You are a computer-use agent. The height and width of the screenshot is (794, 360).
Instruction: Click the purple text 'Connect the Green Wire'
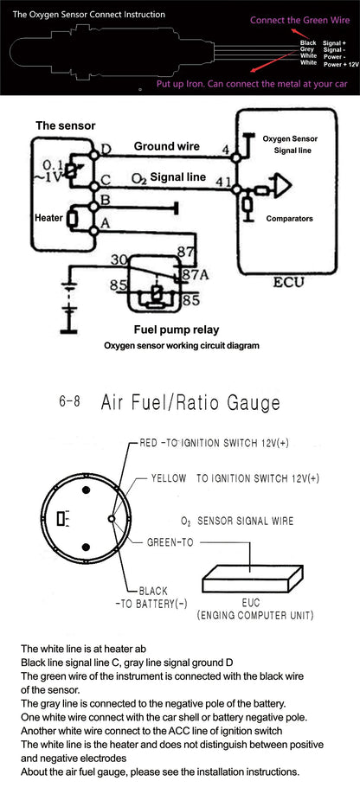pyautogui.click(x=299, y=20)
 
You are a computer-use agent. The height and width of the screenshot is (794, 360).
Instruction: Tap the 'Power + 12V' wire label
pyautogui.click(x=341, y=65)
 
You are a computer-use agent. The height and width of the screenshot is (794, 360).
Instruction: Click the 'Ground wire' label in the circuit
pyautogui.click(x=166, y=146)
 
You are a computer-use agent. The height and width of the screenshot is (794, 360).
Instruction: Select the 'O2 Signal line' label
pyautogui.click(x=169, y=177)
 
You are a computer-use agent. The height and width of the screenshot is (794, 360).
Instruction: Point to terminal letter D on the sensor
pyautogui.click(x=106, y=150)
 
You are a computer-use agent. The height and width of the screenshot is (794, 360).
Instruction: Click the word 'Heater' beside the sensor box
pyautogui.click(x=48, y=218)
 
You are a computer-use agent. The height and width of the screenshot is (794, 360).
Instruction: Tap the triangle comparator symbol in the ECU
pyautogui.click(x=282, y=186)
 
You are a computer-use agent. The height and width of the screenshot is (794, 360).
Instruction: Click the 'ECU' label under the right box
pyautogui.click(x=289, y=283)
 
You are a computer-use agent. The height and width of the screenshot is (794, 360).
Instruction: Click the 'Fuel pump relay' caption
pyautogui.click(x=177, y=330)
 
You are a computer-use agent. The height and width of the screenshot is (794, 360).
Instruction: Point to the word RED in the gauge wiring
pyautogui.click(x=150, y=443)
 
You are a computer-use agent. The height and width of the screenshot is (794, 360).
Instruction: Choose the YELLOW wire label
pyautogui.click(x=169, y=478)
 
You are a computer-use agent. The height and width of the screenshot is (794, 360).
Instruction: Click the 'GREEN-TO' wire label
pyautogui.click(x=170, y=542)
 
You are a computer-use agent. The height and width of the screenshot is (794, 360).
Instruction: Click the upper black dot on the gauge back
pyautogui.click(x=86, y=490)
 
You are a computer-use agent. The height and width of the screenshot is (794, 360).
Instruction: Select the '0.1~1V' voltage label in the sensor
pyautogui.click(x=53, y=170)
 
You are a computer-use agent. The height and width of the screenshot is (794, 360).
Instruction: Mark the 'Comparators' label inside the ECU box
pyautogui.click(x=289, y=219)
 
